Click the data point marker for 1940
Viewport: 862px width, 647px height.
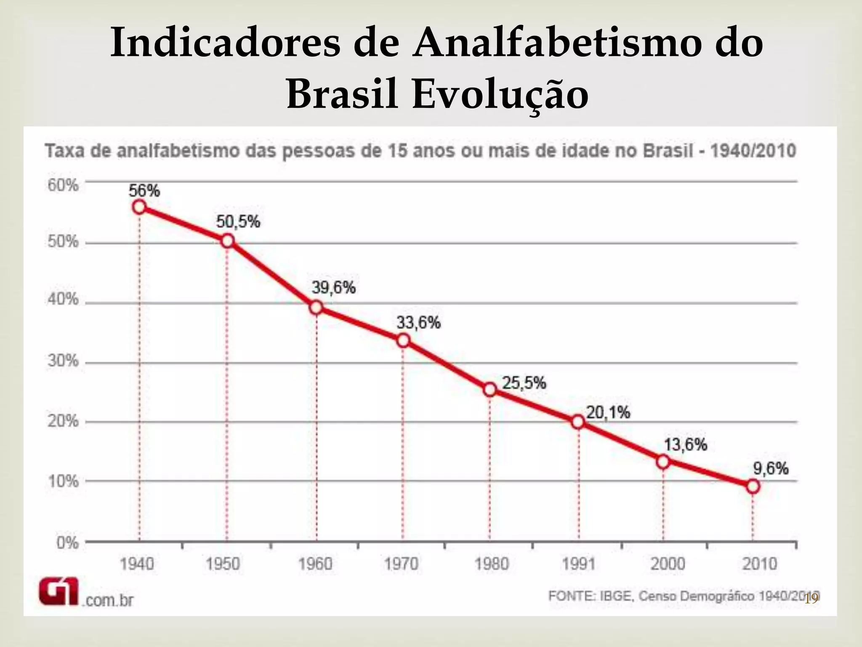pos(139,207)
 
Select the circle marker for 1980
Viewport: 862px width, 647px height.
pos(490,390)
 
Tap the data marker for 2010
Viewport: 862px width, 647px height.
pos(753,487)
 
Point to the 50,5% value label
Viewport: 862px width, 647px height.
pos(238,222)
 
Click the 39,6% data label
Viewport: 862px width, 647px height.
pos(333,288)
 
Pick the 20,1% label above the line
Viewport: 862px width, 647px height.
pos(608,413)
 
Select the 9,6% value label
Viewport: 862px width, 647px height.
pos(771,468)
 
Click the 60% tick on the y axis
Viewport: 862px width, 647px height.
pos(63,185)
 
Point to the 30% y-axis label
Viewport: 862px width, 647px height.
pos(63,361)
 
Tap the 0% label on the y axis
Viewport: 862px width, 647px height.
pos(67,543)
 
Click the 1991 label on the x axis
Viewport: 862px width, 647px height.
pos(579,564)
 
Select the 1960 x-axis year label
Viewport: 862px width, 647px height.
pos(315,564)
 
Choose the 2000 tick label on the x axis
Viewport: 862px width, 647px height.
pos(668,564)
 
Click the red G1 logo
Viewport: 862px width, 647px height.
pos(59,591)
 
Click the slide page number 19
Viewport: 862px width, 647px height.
pos(811,599)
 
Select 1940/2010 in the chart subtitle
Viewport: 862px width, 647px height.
pos(753,151)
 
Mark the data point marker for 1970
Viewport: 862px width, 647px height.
pos(403,340)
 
